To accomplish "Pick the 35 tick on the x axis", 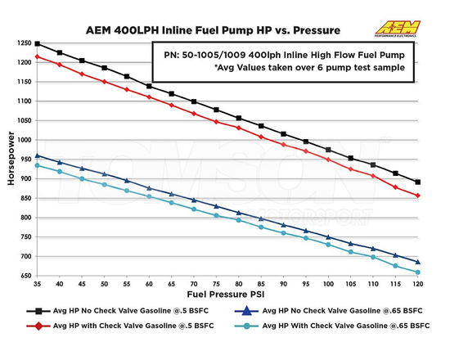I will tap(38, 284).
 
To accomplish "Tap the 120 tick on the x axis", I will tap(417, 284).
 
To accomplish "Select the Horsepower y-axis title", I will tap(11, 160).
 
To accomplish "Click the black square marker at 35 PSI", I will tap(38, 44).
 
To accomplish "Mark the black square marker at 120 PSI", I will tap(417, 182).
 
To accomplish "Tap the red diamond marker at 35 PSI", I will tap(38, 56).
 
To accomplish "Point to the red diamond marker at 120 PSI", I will tap(417, 196).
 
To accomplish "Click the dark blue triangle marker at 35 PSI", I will tap(38, 155).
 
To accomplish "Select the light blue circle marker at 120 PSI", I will tap(417, 272).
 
